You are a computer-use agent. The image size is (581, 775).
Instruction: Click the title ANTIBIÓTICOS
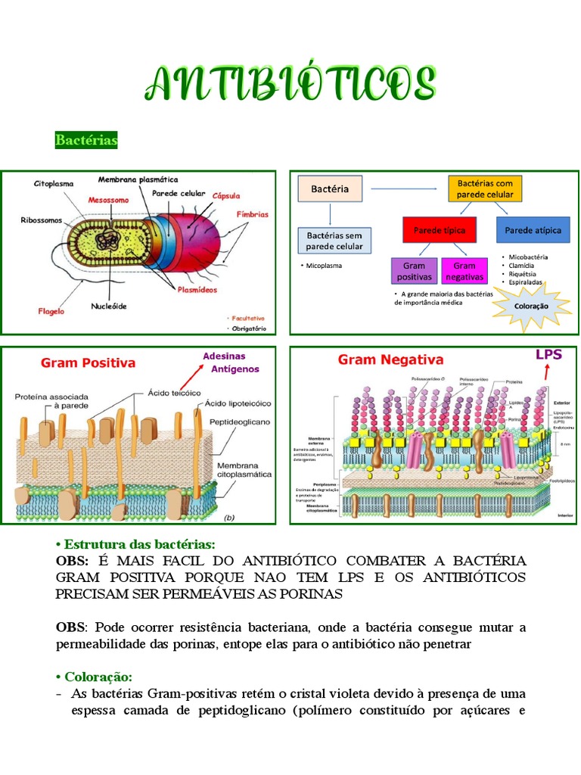click(x=290, y=82)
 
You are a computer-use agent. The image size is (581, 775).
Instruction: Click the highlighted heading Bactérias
click(x=86, y=141)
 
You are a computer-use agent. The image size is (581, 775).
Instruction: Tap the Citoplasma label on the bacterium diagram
click(x=54, y=183)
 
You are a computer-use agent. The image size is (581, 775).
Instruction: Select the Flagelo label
click(x=52, y=310)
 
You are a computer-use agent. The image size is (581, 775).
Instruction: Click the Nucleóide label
click(x=109, y=307)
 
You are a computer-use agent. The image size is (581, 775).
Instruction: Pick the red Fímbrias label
click(x=252, y=214)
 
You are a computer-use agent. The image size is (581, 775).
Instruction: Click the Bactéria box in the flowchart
click(x=330, y=189)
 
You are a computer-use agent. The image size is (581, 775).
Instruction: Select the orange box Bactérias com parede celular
click(x=485, y=189)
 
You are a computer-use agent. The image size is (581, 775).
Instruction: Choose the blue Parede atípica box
click(x=533, y=230)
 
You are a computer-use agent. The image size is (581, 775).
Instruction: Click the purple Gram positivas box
click(x=414, y=271)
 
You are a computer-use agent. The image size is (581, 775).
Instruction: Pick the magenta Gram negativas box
click(x=464, y=271)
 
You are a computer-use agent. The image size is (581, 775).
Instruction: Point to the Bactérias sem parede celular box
click(x=334, y=241)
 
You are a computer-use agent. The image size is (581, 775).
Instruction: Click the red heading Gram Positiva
click(x=89, y=363)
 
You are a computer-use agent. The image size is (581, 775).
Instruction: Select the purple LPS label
click(x=548, y=354)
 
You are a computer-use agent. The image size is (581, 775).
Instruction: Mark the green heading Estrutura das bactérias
click(x=135, y=545)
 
